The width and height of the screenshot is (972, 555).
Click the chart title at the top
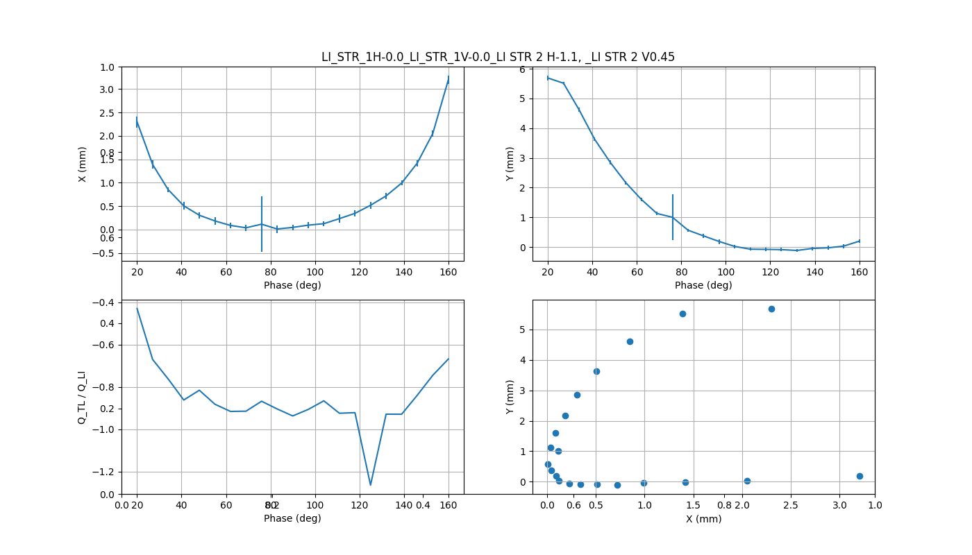(498, 57)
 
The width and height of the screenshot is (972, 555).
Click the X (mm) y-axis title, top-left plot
(83, 164)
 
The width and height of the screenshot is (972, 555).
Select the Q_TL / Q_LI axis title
(82, 398)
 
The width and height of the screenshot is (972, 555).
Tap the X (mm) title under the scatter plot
(703, 519)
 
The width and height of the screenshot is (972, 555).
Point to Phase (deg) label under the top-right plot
(703, 285)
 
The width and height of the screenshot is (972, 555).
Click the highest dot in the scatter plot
(771, 309)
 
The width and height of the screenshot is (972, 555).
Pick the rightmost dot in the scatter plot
(860, 476)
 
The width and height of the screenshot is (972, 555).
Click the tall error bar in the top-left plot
(262, 224)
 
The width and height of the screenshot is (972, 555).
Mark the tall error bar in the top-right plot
(673, 217)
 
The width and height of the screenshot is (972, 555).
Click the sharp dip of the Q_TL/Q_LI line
(371, 485)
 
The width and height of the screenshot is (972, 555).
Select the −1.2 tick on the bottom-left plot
(106, 472)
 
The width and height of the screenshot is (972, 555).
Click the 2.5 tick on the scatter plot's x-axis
(791, 505)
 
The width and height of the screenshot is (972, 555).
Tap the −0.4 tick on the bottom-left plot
(106, 302)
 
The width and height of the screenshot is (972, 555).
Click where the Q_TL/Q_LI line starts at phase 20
(137, 308)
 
